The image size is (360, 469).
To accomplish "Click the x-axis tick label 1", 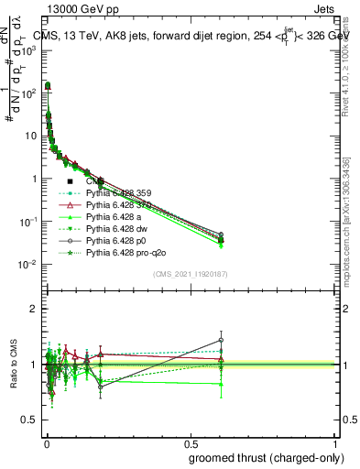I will tap(333, 442).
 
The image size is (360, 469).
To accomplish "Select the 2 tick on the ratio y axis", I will tap(35, 309).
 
